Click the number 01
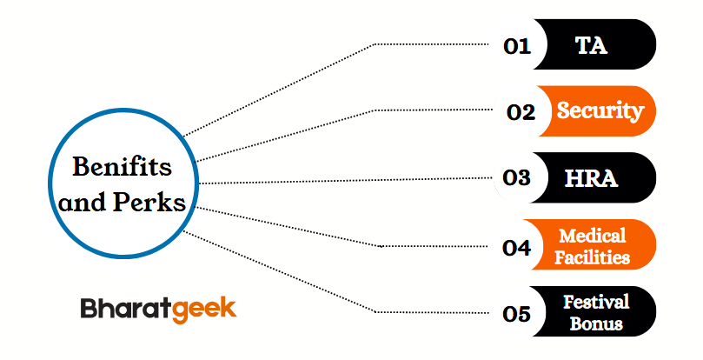[517, 45]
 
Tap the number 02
[521, 112]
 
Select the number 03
[517, 178]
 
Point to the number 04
[517, 247]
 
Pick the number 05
[517, 314]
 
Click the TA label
[591, 45]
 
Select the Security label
[600, 111]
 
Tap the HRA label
[591, 178]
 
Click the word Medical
[593, 236]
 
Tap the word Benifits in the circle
[121, 165]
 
